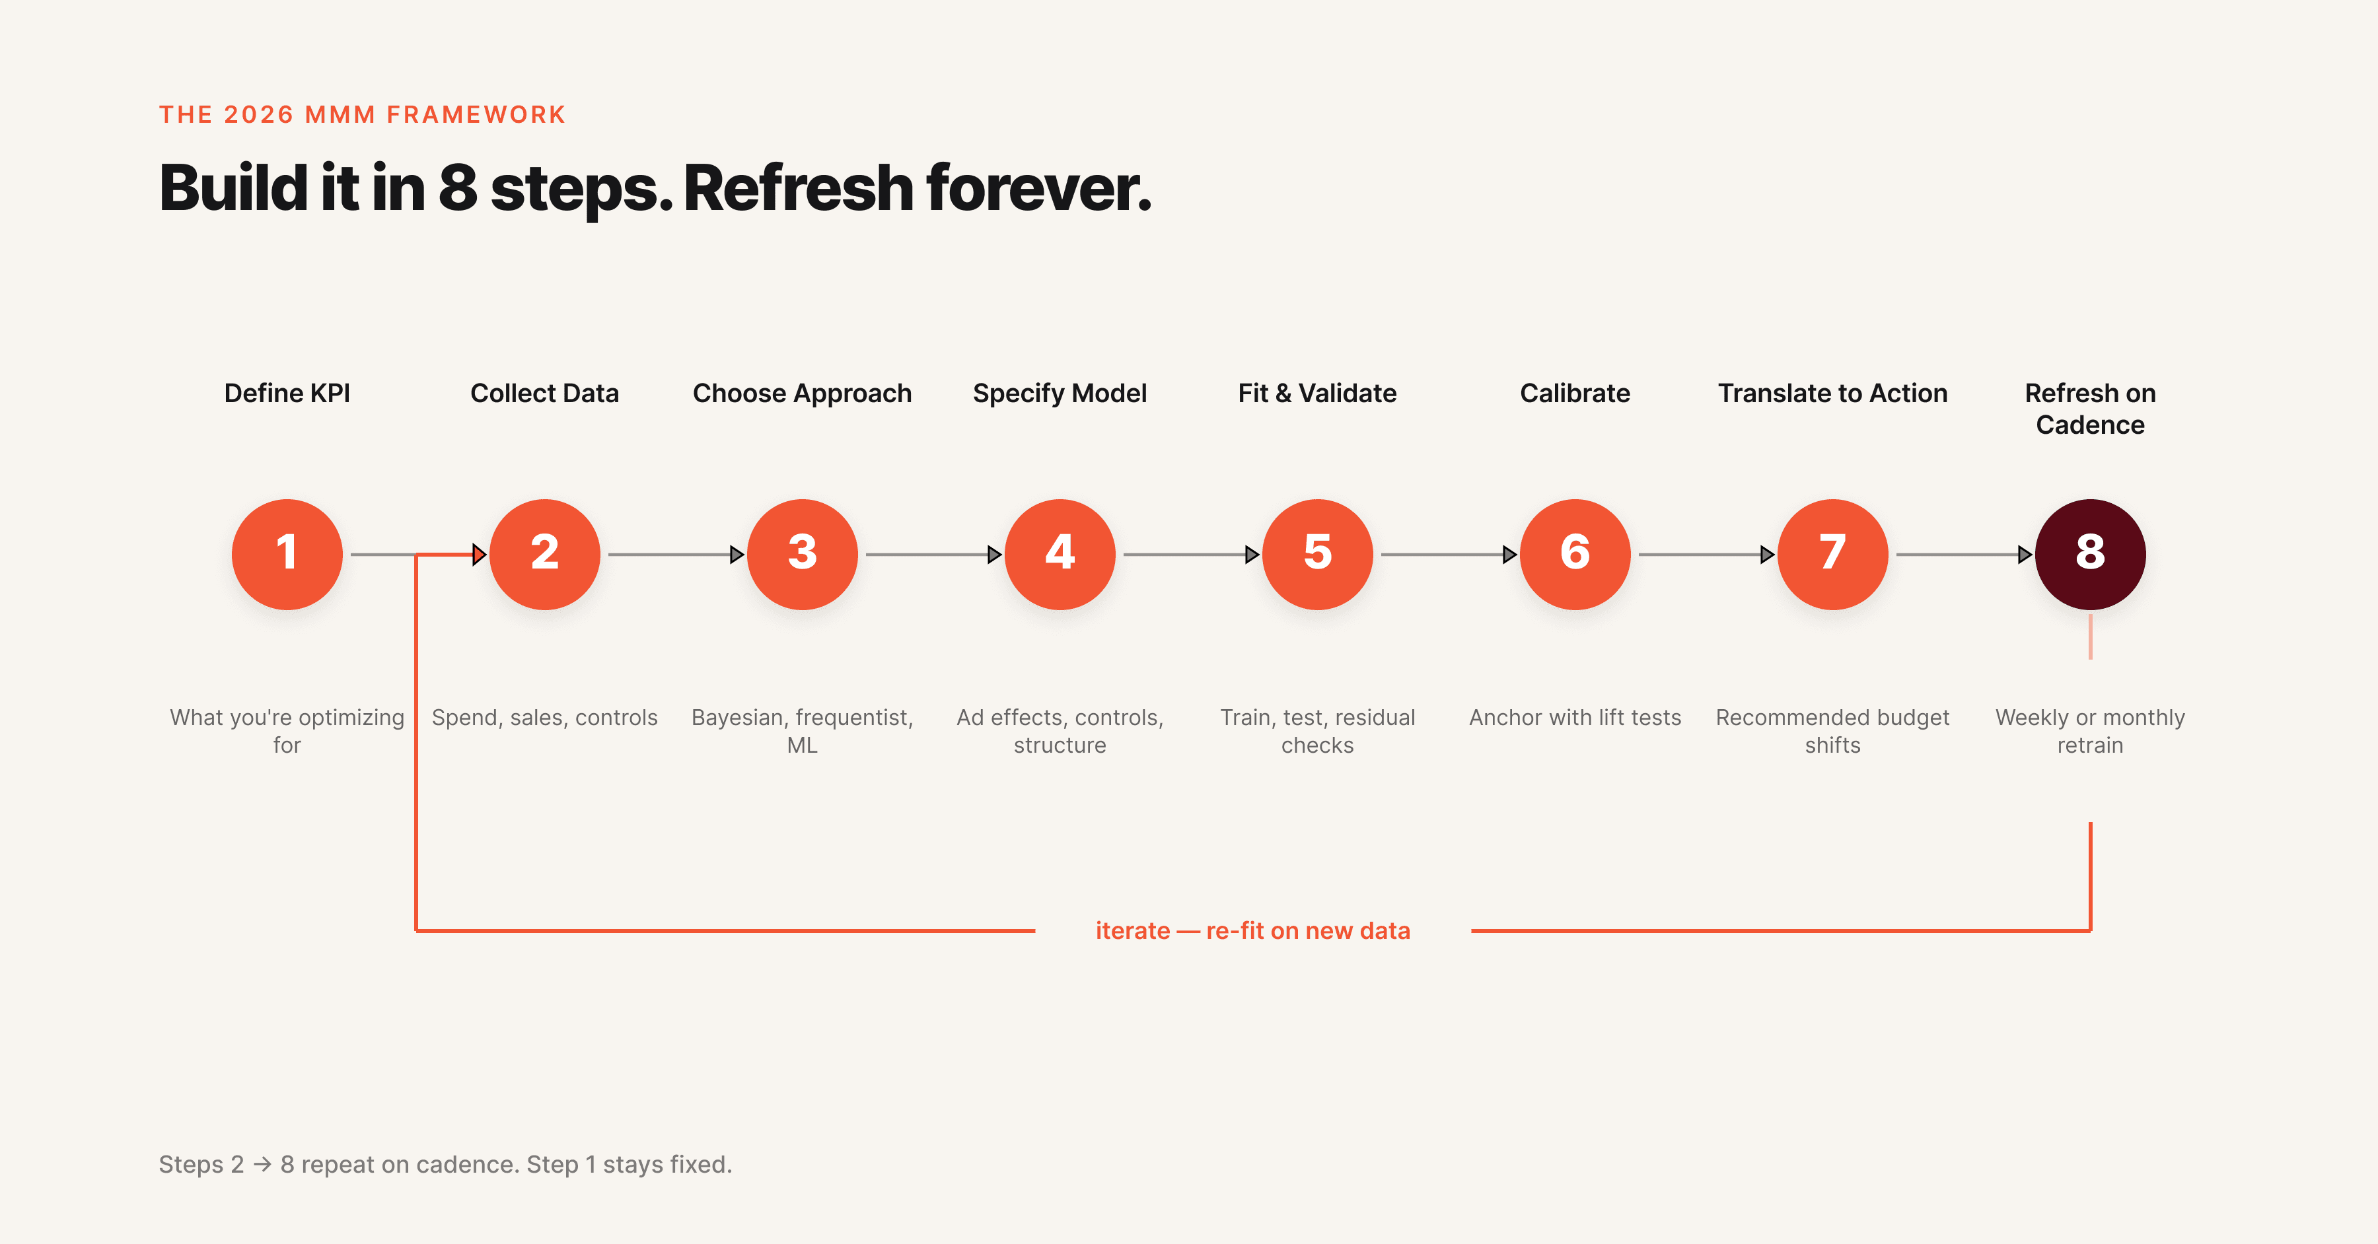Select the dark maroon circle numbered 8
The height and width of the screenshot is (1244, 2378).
click(x=2089, y=554)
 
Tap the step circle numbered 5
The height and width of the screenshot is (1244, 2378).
click(x=1316, y=554)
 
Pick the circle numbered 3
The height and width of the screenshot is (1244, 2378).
click(x=801, y=554)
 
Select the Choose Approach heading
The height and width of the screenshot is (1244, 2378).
click(x=801, y=393)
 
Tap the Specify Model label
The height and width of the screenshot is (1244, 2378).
click(x=1059, y=393)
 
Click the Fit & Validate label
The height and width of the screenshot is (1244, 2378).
click(x=1316, y=393)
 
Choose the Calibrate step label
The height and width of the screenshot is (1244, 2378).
click(x=1574, y=393)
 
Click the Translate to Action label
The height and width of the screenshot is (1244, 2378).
click(x=1832, y=393)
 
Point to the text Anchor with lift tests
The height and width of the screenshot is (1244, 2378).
click(x=1574, y=717)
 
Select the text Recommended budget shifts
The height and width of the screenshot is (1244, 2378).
click(x=1832, y=730)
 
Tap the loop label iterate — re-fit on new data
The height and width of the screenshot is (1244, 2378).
click(x=1252, y=930)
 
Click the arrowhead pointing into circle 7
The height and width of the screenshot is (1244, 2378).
click(x=1767, y=555)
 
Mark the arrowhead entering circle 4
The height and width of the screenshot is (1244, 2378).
click(x=994, y=555)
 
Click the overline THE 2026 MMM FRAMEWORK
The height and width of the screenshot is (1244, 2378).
click(x=362, y=114)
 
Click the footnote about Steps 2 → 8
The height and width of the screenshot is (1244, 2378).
click(x=445, y=1163)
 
